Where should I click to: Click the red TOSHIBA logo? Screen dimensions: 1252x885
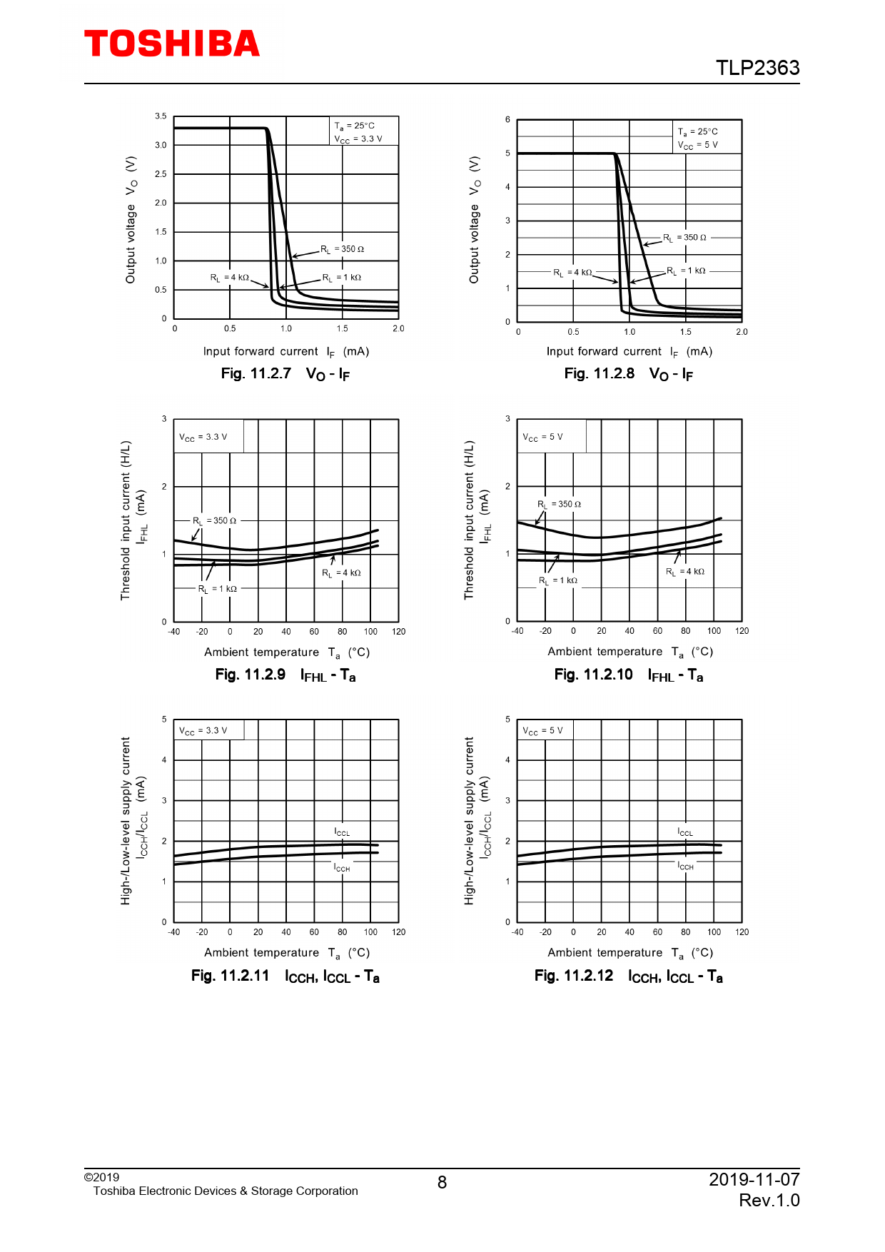coord(172,44)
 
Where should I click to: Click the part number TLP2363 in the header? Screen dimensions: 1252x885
coord(757,68)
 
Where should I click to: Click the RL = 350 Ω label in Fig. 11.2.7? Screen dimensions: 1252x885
coord(342,249)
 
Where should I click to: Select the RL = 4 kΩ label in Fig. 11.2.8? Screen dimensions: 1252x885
coord(573,272)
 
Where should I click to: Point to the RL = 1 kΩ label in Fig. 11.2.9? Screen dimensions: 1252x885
coord(218,589)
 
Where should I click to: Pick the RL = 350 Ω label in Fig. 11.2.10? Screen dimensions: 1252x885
coord(559,504)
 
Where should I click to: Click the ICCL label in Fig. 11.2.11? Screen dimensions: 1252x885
coord(342,832)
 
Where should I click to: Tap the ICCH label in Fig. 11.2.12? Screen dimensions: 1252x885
coord(685,866)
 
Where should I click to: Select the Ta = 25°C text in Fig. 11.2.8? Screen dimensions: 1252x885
coord(697,132)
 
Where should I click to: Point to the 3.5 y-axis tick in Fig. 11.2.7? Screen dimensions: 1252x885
coord(161,116)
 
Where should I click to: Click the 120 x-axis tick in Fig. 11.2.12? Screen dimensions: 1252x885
coord(742,932)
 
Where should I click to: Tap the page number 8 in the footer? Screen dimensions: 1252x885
coord(442,1183)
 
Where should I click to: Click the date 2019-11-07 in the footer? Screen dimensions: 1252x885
coord(754,1179)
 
